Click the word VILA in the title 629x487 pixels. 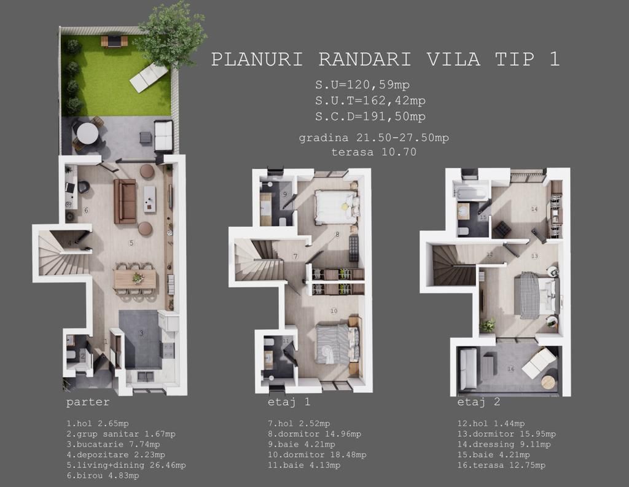tap(454, 59)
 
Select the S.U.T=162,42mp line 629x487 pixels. tap(370, 100)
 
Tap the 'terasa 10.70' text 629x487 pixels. tap(374, 152)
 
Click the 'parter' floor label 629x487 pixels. tap(88, 402)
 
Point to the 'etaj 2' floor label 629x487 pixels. tap(479, 402)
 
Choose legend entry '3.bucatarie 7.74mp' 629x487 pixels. tap(113, 444)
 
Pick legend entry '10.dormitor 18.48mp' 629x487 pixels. tap(317, 454)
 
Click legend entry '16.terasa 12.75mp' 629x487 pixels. tap(501, 465)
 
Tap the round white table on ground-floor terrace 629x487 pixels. tap(87, 133)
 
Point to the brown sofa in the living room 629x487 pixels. tap(125, 201)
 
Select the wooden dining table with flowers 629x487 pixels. tap(135, 279)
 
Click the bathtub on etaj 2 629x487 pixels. tap(471, 191)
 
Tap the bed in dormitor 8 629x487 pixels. tap(336, 206)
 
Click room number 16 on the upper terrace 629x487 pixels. tap(510, 368)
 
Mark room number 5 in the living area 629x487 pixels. tap(131, 243)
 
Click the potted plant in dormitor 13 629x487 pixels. tap(488, 324)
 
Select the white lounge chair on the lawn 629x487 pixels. tap(149, 78)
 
